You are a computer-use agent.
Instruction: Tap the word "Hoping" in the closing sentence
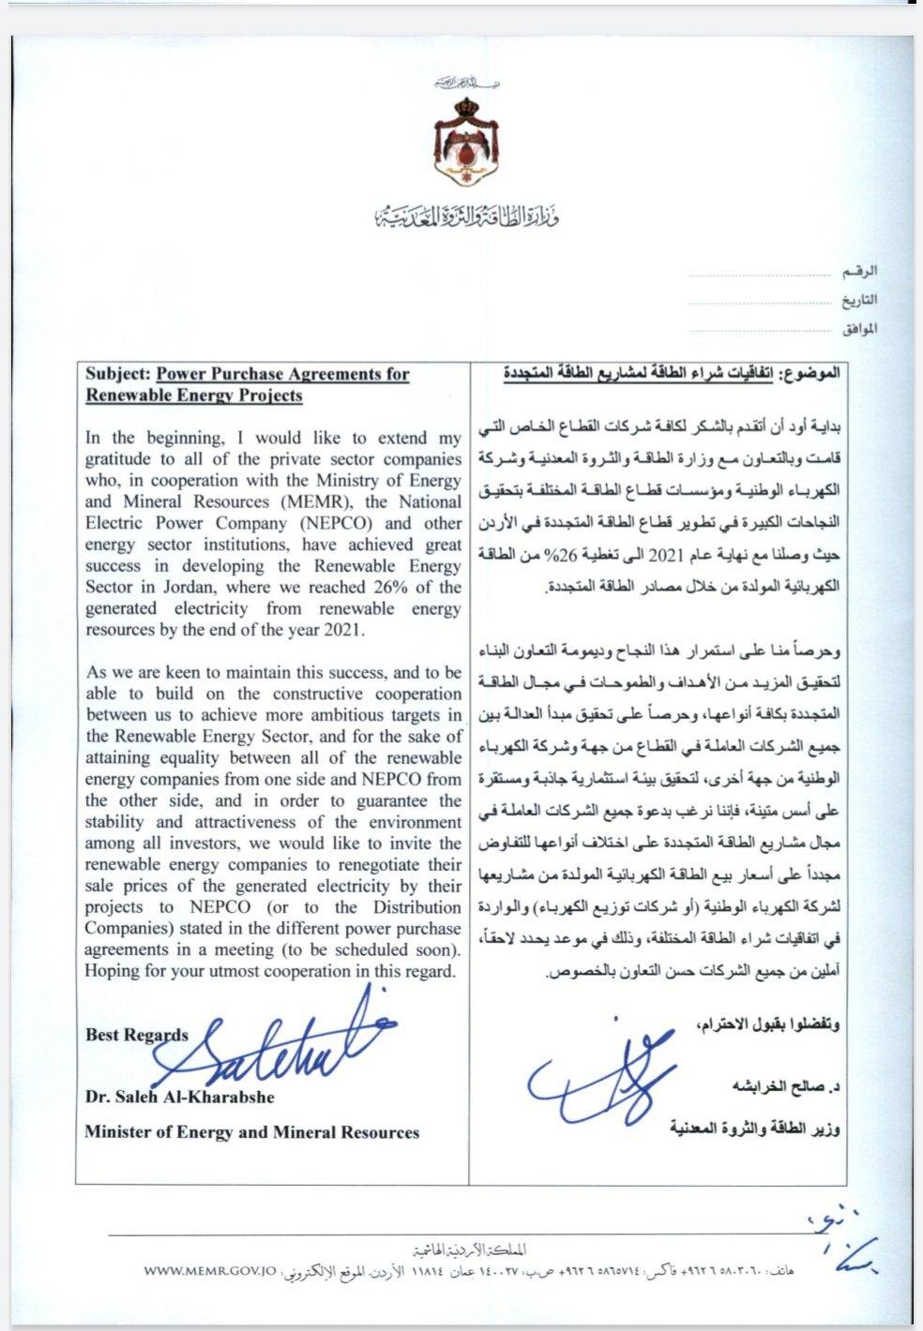coord(112,971)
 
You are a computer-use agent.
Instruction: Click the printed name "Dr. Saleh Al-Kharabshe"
coord(179,1097)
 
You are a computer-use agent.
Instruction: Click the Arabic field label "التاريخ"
coord(857,300)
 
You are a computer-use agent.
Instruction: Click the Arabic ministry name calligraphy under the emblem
coord(465,218)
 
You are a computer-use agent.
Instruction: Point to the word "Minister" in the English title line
coord(115,1132)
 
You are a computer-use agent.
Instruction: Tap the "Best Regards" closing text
coord(136,1035)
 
